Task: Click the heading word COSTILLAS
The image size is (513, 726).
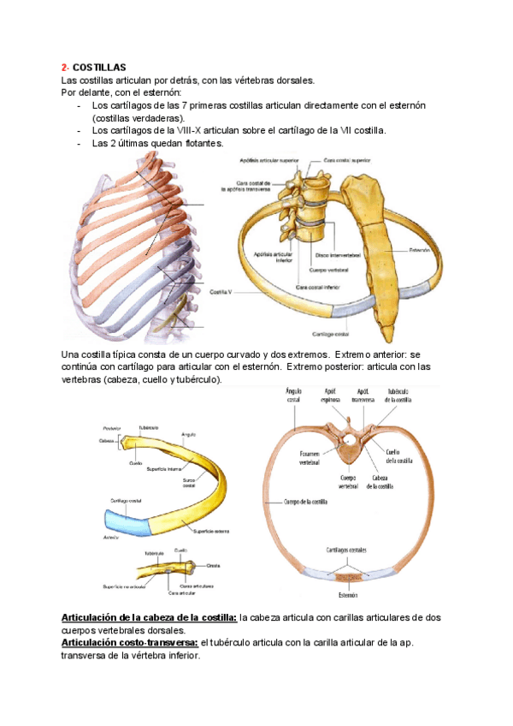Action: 99,67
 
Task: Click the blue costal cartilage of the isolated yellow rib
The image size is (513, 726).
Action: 126,519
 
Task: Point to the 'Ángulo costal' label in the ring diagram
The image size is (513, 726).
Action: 292,394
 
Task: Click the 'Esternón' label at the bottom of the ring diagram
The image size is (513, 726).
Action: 347,595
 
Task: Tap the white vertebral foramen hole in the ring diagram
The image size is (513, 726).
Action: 348,442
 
